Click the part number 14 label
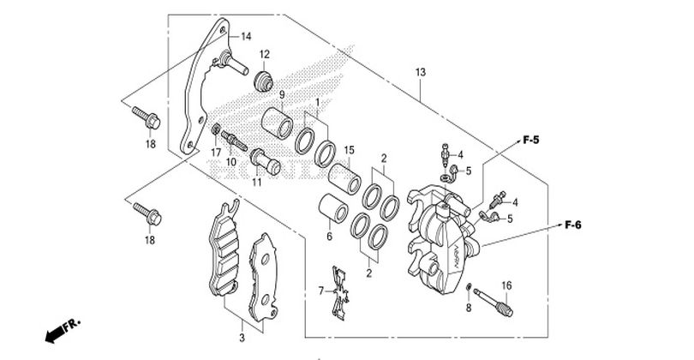pos(246,36)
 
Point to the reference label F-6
pos(573,225)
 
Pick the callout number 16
pos(506,285)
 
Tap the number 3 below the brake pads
pos(242,327)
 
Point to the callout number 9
pos(257,94)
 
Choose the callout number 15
pos(350,150)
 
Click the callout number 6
pos(327,237)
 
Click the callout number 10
pos(230,162)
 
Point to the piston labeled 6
pos(332,210)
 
